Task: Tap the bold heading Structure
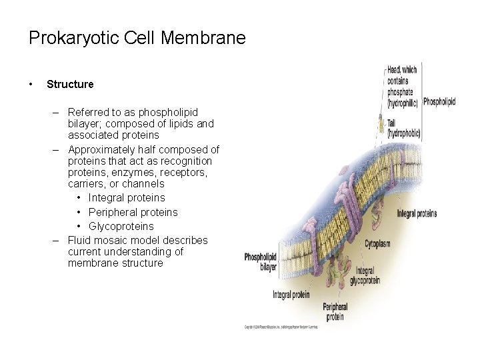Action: [x=70, y=85]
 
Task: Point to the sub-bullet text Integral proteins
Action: [x=127, y=198]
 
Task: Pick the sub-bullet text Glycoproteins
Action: [x=121, y=226]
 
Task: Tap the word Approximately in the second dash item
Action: [x=101, y=149]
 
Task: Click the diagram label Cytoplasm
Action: [x=377, y=244]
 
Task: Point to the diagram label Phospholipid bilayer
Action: [x=261, y=261]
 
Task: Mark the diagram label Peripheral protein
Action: [x=335, y=312]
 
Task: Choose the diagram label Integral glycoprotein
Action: [x=365, y=276]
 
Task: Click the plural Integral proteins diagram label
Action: [x=417, y=213]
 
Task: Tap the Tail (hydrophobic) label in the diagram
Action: [x=403, y=129]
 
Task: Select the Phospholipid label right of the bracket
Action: [x=439, y=102]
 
